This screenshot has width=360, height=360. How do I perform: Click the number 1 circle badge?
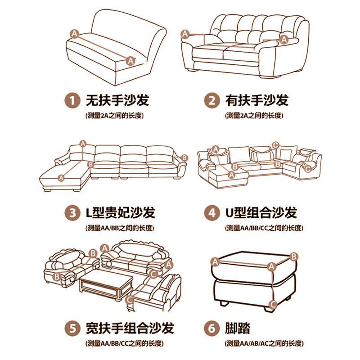point(71,100)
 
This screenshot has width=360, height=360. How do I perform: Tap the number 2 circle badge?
point(211,100)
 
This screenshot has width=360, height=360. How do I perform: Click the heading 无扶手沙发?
point(117,100)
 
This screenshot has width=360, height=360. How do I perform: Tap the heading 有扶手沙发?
point(257,100)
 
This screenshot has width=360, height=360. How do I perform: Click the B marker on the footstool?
point(294,256)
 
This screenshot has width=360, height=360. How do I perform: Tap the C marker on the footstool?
point(272,304)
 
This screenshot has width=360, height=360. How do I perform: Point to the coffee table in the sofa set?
point(106,284)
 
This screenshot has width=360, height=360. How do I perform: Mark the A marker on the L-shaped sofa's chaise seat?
point(61,178)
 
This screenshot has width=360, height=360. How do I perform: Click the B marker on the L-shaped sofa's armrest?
point(184,157)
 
